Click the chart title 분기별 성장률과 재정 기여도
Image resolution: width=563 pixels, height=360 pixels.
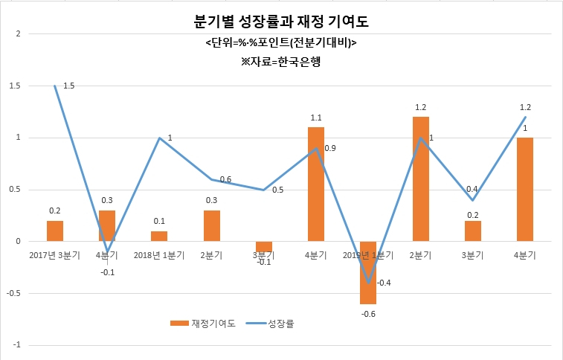[281, 22]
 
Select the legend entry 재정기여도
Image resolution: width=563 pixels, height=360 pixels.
[203, 324]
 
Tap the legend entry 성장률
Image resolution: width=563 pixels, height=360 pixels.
[270, 324]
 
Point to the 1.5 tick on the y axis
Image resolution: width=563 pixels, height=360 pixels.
[15, 86]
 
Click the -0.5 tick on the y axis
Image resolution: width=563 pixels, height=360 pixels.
[13, 293]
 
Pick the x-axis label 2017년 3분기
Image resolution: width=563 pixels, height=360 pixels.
[54, 255]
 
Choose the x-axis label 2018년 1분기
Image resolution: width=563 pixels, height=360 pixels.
[159, 255]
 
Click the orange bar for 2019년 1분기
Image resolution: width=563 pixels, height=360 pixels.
[368, 273]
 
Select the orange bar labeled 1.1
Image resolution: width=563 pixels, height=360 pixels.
[316, 184]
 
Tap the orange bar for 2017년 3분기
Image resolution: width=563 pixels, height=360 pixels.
[55, 231]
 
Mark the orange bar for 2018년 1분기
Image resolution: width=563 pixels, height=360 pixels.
[159, 237]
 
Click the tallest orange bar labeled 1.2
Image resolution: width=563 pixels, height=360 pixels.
[421, 179]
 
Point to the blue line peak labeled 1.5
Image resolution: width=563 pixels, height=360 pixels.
[54, 86]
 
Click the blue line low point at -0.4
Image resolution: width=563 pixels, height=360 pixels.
[368, 283]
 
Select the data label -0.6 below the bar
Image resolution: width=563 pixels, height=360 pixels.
[368, 314]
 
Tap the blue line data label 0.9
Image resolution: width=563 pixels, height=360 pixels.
[330, 148]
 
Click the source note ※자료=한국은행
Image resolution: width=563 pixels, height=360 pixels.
[281, 62]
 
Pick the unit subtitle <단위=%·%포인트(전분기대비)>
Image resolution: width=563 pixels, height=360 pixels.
[281, 42]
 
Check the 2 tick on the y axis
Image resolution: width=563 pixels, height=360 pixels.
[19, 33]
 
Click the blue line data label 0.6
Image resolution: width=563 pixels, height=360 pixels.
[225, 179]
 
